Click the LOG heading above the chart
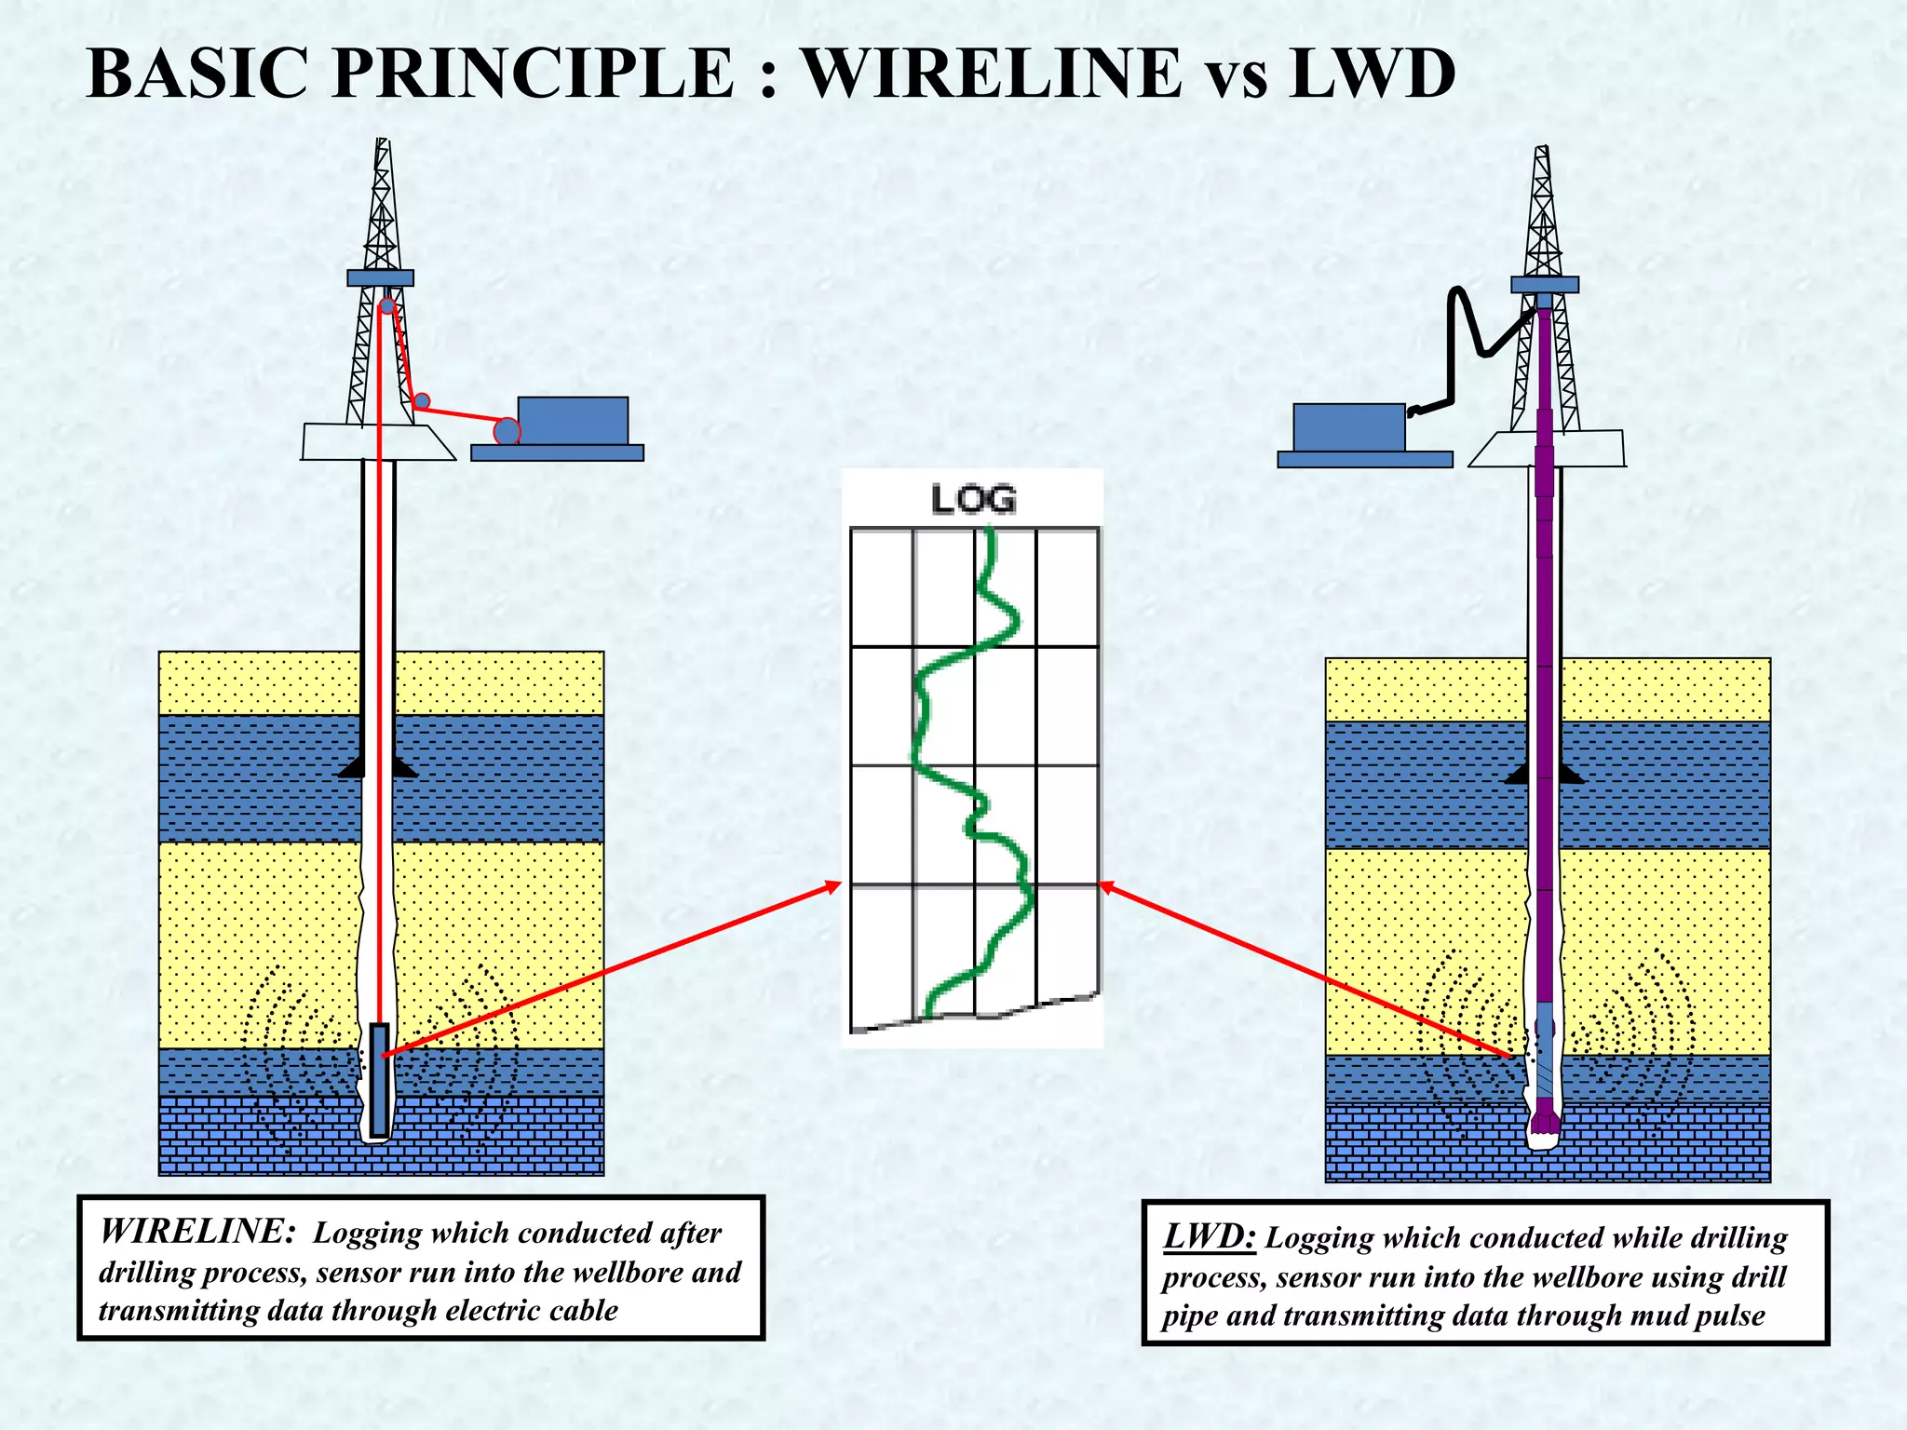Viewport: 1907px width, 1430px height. coord(974,500)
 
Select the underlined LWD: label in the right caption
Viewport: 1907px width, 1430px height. coord(1210,1237)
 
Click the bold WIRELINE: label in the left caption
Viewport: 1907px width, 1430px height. coord(196,1232)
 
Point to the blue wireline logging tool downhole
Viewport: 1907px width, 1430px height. coord(379,1080)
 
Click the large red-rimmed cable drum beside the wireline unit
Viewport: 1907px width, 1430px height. coord(507,431)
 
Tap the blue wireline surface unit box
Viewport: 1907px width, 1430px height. coord(573,421)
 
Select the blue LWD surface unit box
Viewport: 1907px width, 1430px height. coord(1349,427)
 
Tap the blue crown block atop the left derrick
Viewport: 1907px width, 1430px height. coord(381,277)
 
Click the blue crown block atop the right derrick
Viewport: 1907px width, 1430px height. coord(1545,284)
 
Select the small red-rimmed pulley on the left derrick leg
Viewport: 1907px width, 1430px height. coord(422,401)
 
